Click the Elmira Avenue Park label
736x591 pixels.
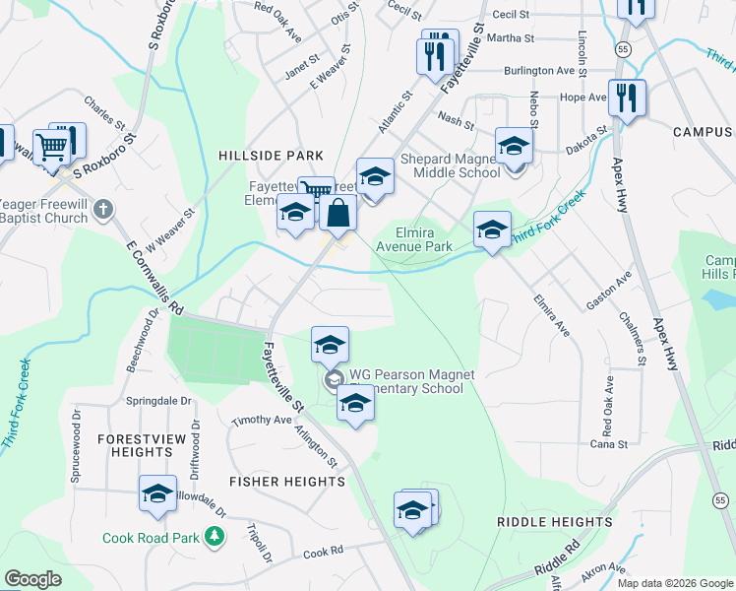pyautogui.click(x=424, y=239)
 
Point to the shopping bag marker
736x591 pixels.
pyautogui.click(x=337, y=213)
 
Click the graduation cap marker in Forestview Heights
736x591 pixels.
pyautogui.click(x=157, y=495)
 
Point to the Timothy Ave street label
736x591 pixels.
pyautogui.click(x=263, y=421)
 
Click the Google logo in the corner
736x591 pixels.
pyautogui.click(x=32, y=579)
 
